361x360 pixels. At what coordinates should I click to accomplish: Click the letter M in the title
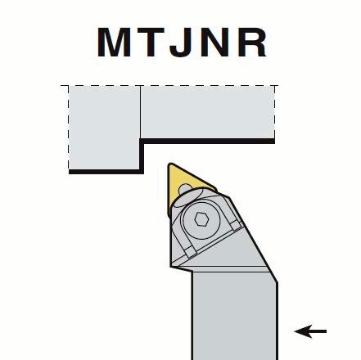[114, 43]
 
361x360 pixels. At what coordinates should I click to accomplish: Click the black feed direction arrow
[310, 331]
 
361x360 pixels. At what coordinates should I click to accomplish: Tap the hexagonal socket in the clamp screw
[201, 219]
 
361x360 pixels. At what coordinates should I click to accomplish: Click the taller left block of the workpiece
[105, 128]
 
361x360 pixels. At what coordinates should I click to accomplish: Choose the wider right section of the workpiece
[207, 112]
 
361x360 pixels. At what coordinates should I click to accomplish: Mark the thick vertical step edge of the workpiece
[142, 155]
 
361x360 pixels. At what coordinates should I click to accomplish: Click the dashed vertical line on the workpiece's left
[68, 128]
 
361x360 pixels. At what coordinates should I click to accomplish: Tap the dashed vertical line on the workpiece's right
[274, 112]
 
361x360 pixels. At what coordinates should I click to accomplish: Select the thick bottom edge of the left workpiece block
[106, 172]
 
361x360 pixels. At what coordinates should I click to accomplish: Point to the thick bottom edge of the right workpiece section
[207, 141]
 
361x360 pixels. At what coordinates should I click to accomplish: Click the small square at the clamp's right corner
[235, 226]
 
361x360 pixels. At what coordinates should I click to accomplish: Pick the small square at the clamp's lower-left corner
[189, 252]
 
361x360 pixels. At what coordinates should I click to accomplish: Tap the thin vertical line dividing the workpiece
[140, 112]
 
